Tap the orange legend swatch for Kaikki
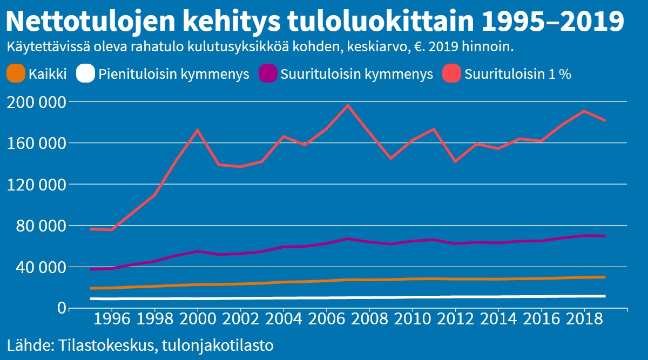[x=16, y=74]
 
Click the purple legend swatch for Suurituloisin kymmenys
[x=268, y=74]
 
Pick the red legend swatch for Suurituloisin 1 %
[x=451, y=74]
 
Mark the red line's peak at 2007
[x=348, y=105]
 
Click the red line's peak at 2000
[x=198, y=130]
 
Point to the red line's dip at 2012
[x=455, y=161]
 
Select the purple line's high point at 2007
[x=348, y=239]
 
